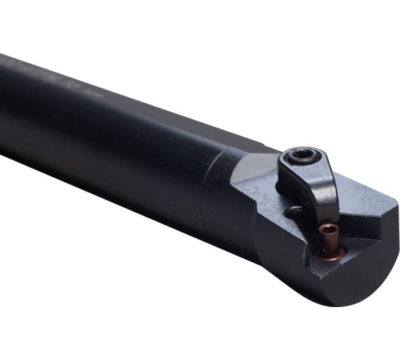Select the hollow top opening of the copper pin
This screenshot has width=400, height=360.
coord(329,229)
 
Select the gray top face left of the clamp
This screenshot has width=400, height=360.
coord(257,187)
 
